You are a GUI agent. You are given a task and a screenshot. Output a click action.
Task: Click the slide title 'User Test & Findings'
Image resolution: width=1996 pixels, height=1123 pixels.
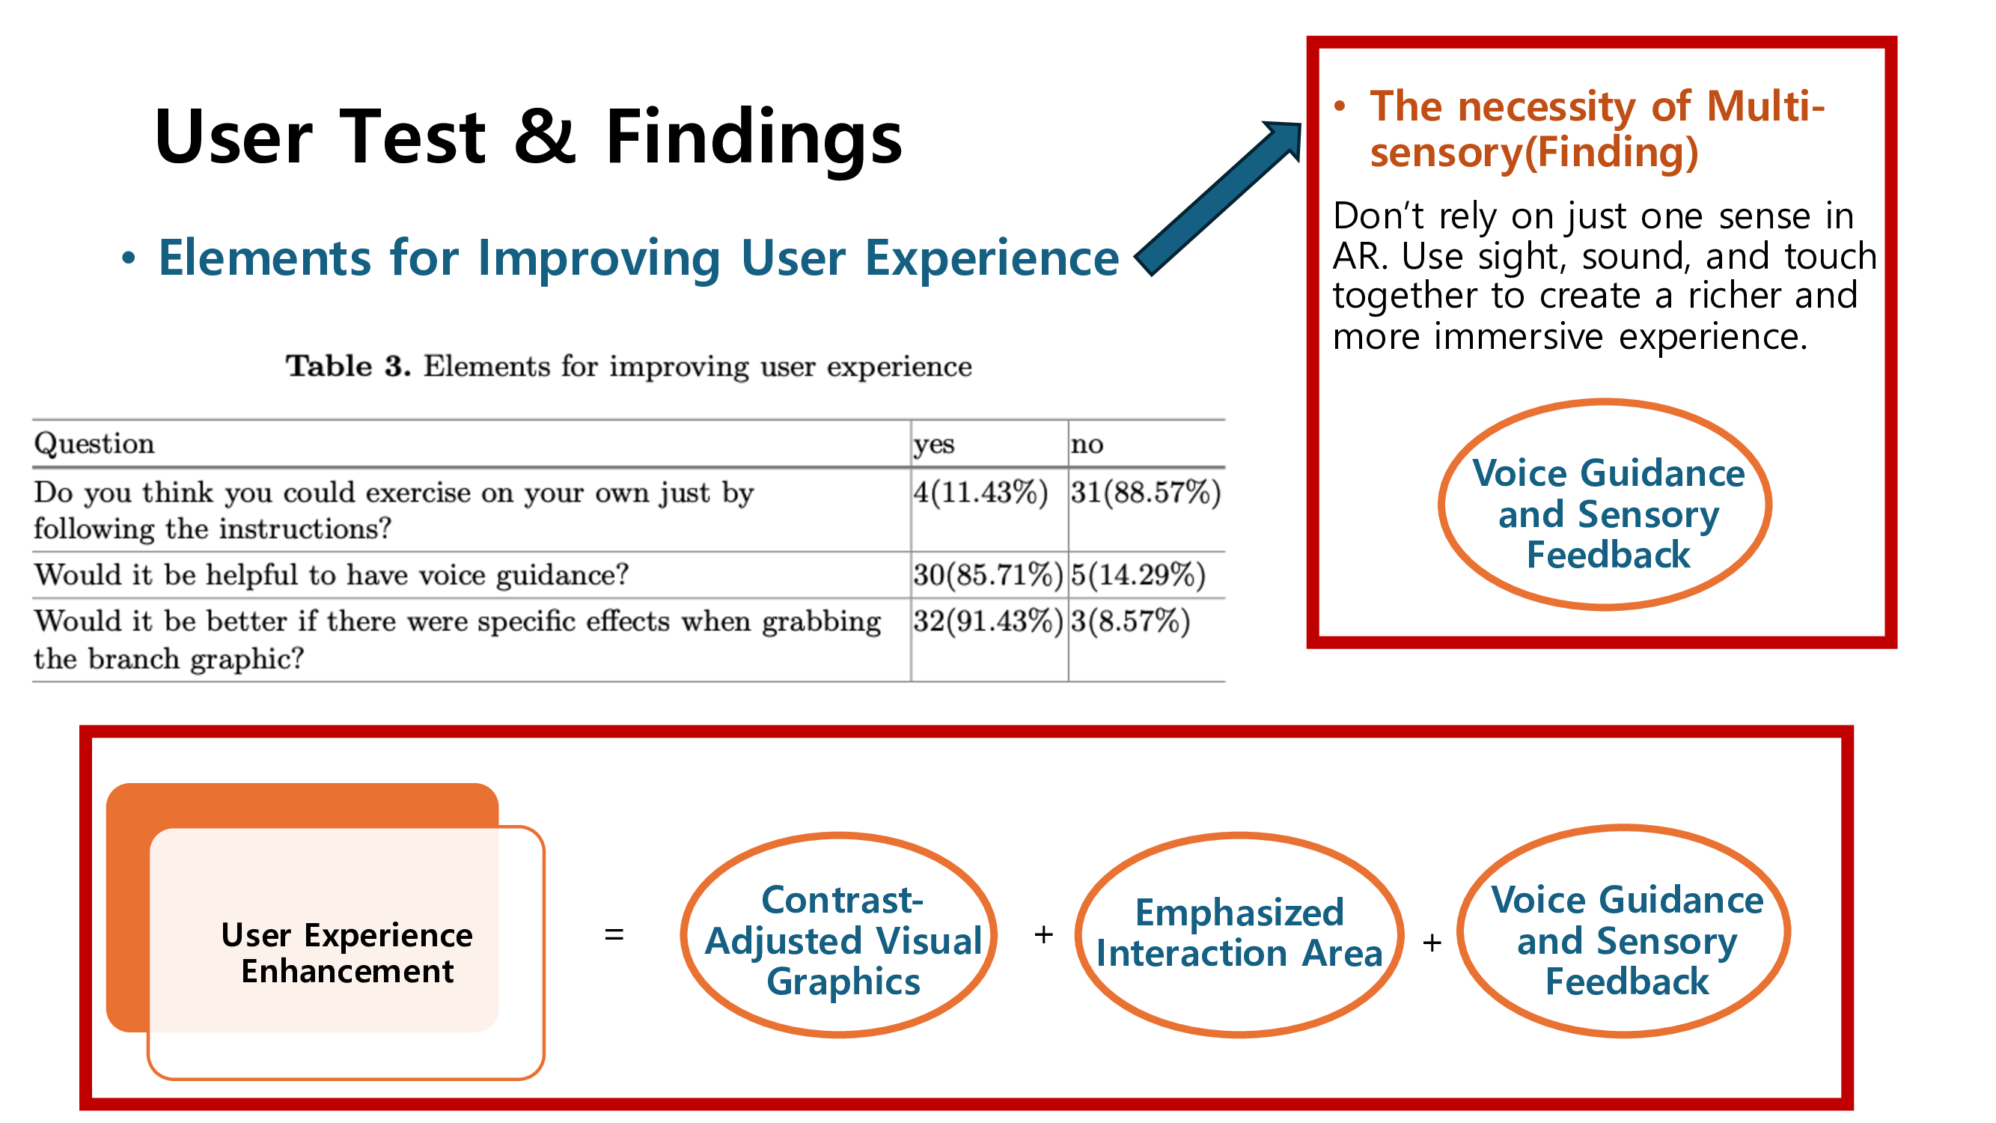(528, 136)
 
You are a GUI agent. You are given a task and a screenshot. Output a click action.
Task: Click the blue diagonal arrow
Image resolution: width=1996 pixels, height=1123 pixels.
(1218, 198)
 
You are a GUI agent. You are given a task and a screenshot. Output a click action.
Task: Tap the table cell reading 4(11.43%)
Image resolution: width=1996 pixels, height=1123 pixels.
(980, 492)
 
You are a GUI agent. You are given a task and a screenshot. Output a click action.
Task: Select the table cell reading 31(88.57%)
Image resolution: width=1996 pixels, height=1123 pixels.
(1146, 492)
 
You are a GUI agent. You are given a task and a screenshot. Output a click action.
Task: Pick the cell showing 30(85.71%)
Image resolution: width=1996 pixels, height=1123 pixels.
(988, 575)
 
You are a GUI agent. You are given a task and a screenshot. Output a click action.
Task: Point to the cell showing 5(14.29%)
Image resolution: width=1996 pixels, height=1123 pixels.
(1138, 575)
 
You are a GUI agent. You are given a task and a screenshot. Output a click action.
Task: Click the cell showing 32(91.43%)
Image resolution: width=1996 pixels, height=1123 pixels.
(988, 621)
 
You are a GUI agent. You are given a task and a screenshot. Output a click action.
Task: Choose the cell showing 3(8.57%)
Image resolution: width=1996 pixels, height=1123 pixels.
(1131, 621)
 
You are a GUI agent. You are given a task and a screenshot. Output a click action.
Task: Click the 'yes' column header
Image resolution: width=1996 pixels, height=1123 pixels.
(934, 445)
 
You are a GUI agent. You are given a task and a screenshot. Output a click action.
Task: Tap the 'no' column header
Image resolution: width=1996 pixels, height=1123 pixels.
(1087, 445)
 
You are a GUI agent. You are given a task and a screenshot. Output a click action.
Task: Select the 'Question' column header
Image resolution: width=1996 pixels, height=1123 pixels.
(94, 444)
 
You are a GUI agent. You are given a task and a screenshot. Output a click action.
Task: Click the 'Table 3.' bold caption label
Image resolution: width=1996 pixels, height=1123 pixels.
(348, 366)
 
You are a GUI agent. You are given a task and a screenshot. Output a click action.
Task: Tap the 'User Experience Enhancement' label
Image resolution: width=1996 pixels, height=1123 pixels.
(347, 953)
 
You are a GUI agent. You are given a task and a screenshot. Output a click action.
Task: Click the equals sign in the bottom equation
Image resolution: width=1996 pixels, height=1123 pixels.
(614, 935)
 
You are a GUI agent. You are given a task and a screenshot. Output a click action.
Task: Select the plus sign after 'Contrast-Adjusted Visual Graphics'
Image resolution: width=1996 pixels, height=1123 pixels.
(1044, 935)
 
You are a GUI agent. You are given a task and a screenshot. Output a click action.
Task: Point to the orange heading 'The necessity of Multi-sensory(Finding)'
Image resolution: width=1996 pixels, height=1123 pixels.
(1598, 129)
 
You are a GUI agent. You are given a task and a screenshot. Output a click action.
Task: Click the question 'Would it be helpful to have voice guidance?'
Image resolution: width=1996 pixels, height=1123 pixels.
(332, 575)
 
